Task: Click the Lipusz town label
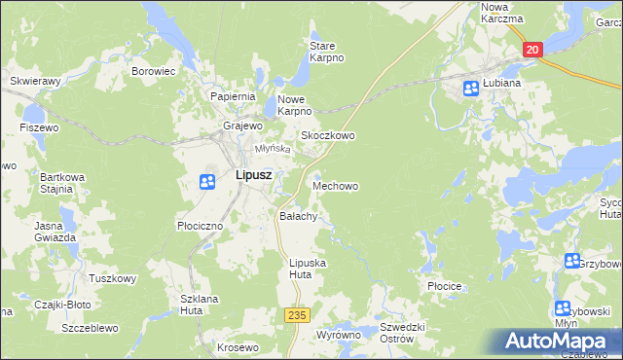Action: tap(253, 176)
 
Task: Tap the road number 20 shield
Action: tap(531, 50)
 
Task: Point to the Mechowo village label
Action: tap(335, 185)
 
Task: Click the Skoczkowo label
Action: tap(327, 136)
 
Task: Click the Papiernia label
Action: tap(233, 96)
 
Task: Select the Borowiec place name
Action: tap(153, 71)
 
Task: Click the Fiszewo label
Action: tap(39, 127)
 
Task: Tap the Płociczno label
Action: tap(201, 225)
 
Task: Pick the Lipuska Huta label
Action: tap(308, 269)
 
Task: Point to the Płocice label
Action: tap(443, 287)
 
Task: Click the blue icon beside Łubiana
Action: tap(470, 89)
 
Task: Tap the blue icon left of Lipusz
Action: tap(207, 181)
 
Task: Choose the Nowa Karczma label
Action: tap(502, 13)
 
